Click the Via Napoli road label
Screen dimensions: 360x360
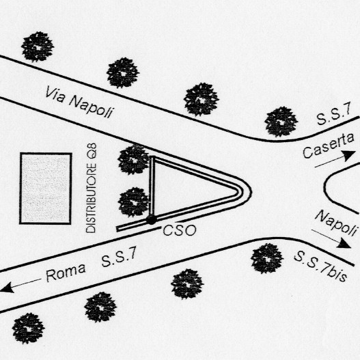pos(79,102)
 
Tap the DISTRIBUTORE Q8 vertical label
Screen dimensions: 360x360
pos(91,188)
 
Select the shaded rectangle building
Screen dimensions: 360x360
pos(46,188)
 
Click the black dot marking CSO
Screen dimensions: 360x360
pos(151,219)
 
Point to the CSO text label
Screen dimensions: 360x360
pos(180,230)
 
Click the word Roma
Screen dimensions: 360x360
pos(66,272)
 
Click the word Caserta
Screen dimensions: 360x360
pos(329,146)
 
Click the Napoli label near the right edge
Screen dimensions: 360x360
pos(337,223)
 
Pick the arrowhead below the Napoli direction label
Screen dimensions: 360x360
pos(344,244)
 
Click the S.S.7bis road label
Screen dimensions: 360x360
pos(320,266)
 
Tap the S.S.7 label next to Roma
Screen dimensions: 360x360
pos(119,256)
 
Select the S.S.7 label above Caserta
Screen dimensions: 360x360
pos(334,113)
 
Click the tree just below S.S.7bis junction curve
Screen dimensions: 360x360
pos(267,258)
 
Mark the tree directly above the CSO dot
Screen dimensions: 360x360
pos(134,202)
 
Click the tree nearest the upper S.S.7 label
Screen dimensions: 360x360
pos(281,122)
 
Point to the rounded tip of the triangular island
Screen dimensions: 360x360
pos(251,191)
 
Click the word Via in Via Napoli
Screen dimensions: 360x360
pos(55,94)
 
